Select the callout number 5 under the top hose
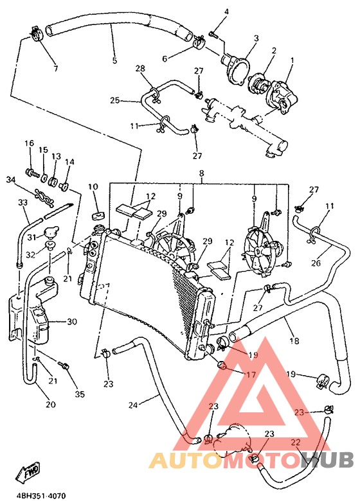114,62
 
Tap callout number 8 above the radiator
201,173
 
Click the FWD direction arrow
28,473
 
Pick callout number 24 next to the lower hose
133,405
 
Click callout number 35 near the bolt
80,394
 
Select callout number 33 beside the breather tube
22,202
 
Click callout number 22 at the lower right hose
296,442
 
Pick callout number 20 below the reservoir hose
50,405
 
